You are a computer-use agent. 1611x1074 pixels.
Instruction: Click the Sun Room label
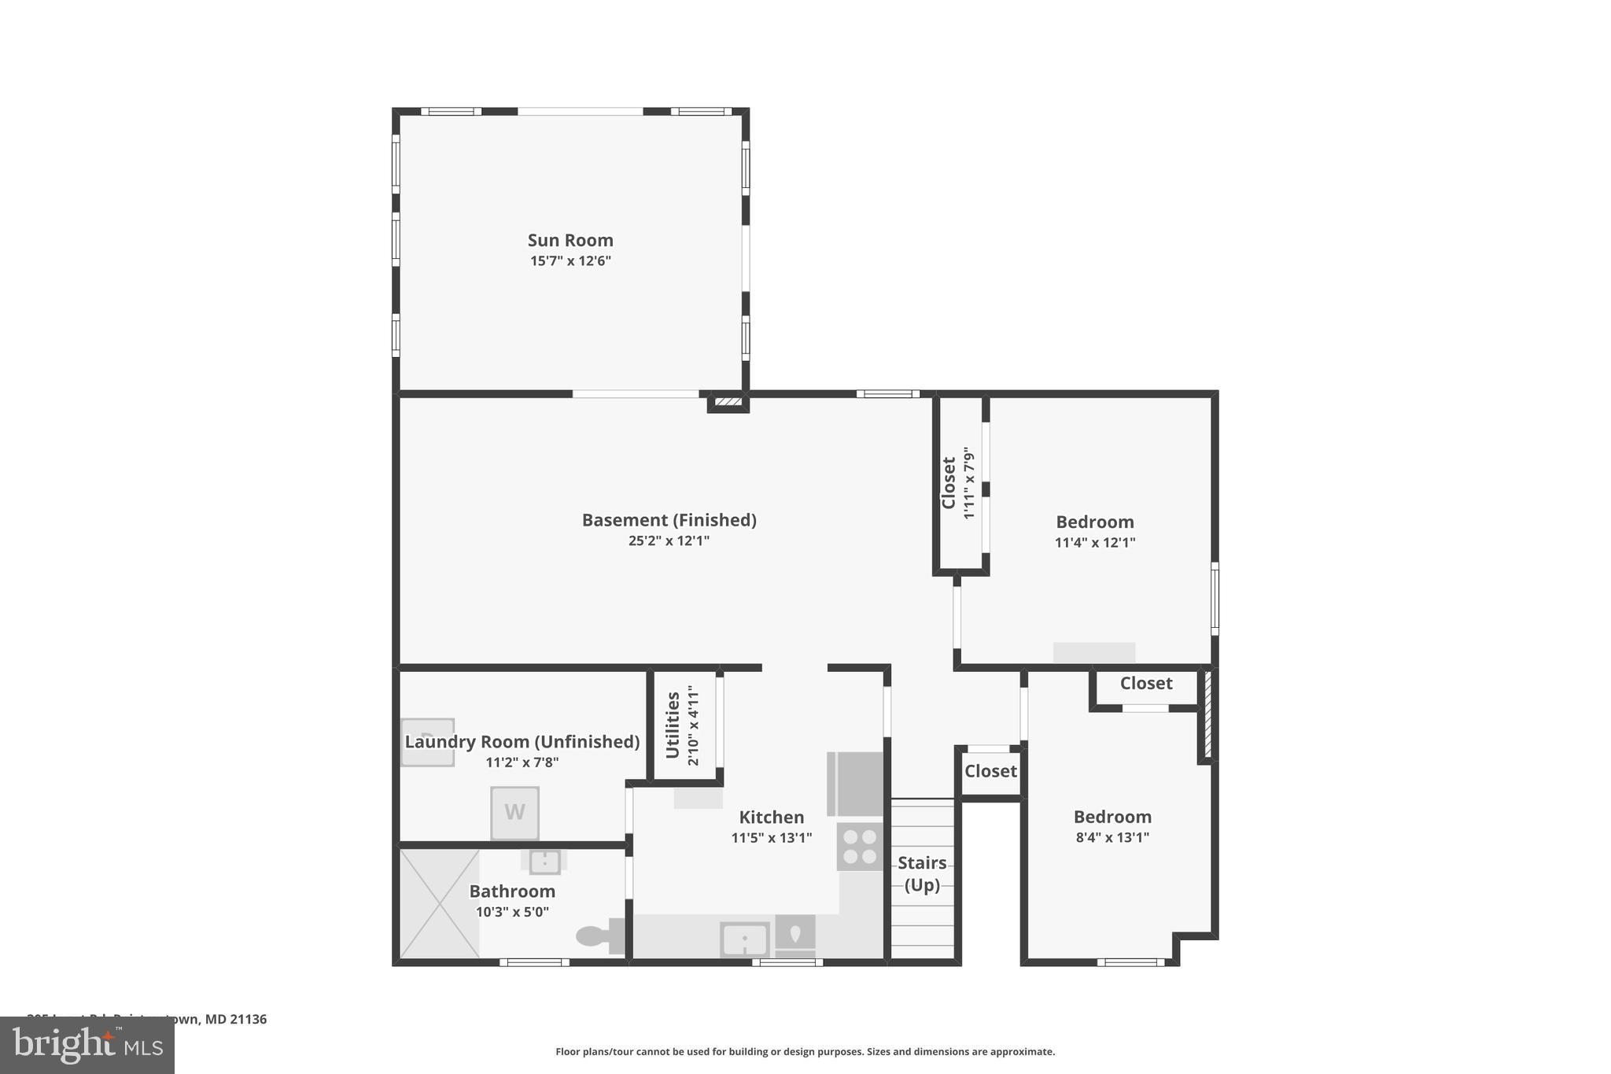point(570,240)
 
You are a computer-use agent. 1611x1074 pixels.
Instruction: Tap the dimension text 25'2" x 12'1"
point(669,541)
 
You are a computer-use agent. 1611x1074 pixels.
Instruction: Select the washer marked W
point(514,813)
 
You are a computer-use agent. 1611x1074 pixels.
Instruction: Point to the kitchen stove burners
point(860,847)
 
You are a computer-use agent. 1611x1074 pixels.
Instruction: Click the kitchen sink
point(744,939)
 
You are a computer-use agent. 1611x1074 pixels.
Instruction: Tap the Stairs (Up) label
point(922,873)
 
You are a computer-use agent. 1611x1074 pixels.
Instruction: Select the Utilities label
point(673,725)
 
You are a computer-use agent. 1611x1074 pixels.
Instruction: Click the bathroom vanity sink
point(544,862)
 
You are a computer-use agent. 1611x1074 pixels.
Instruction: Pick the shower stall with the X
point(439,903)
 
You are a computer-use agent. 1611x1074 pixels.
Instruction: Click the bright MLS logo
point(87,1045)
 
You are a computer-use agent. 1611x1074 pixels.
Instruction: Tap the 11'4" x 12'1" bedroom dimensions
point(1095,542)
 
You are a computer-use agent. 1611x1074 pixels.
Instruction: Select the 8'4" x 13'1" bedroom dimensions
point(1112,837)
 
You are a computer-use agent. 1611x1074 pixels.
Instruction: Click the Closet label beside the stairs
point(990,771)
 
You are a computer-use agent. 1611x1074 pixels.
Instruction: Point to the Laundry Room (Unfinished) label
point(522,741)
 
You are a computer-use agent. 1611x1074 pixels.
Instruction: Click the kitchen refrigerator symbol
point(856,784)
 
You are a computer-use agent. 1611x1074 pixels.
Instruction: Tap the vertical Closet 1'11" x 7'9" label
point(958,483)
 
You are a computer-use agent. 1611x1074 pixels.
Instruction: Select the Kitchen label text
point(771,817)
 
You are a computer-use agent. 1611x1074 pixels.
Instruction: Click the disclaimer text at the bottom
point(805,1051)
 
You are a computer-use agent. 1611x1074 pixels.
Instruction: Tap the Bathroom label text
point(512,891)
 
